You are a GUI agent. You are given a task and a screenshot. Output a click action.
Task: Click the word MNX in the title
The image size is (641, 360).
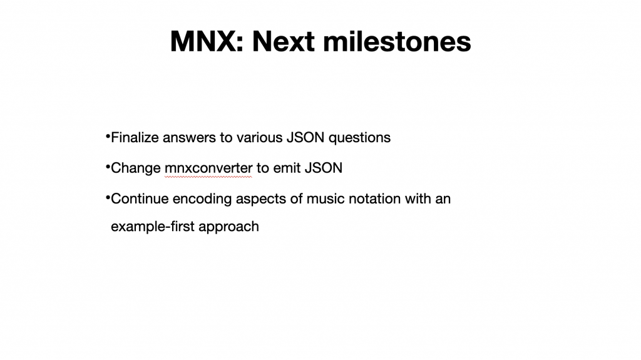click(x=207, y=41)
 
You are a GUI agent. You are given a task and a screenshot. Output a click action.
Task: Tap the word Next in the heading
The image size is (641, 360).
click(x=284, y=41)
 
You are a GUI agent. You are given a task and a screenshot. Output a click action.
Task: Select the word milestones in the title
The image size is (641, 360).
click(x=397, y=41)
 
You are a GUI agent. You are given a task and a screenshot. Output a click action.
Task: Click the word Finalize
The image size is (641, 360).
click(x=135, y=138)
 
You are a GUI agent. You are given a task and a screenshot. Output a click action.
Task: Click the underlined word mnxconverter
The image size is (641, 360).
click(x=208, y=168)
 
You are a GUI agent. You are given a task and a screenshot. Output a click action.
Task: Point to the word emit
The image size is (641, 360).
click(x=287, y=168)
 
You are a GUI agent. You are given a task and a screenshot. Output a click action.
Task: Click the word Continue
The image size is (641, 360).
click(x=140, y=199)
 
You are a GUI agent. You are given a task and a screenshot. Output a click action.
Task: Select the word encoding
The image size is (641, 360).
click(x=202, y=200)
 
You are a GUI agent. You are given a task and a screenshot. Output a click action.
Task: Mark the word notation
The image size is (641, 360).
click(x=373, y=199)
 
